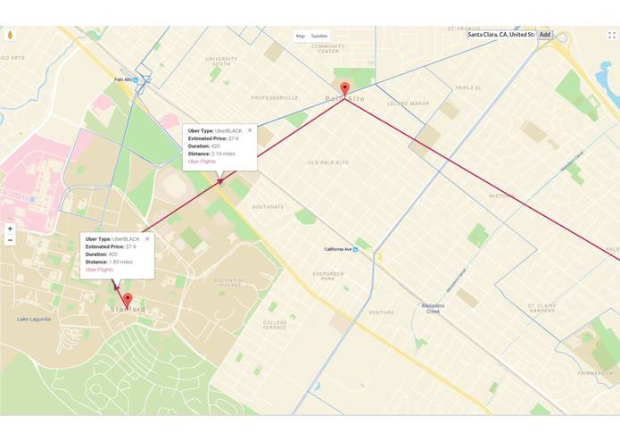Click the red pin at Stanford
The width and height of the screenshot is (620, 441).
(x=128, y=300)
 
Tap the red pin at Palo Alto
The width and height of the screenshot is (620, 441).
(x=345, y=89)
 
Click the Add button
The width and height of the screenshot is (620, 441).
(x=545, y=35)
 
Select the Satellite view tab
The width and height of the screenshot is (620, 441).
(x=319, y=36)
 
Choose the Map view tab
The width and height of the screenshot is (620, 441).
(x=301, y=36)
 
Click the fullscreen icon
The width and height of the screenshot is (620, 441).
(x=612, y=36)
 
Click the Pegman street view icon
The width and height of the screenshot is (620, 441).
(x=10, y=36)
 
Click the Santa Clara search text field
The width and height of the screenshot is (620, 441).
(x=500, y=35)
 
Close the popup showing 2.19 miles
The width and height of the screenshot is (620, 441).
(x=250, y=130)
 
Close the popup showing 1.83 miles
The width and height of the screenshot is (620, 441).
(x=147, y=238)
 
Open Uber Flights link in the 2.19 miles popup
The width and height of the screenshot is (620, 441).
(x=202, y=162)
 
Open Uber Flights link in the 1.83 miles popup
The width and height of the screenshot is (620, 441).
(x=99, y=269)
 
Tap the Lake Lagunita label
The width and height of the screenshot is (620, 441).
(x=34, y=319)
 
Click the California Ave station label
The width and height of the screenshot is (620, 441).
(x=339, y=249)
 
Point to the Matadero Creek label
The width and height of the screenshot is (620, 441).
(x=433, y=308)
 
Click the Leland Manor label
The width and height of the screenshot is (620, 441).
(x=408, y=104)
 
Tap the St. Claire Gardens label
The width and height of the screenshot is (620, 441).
(x=541, y=308)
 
